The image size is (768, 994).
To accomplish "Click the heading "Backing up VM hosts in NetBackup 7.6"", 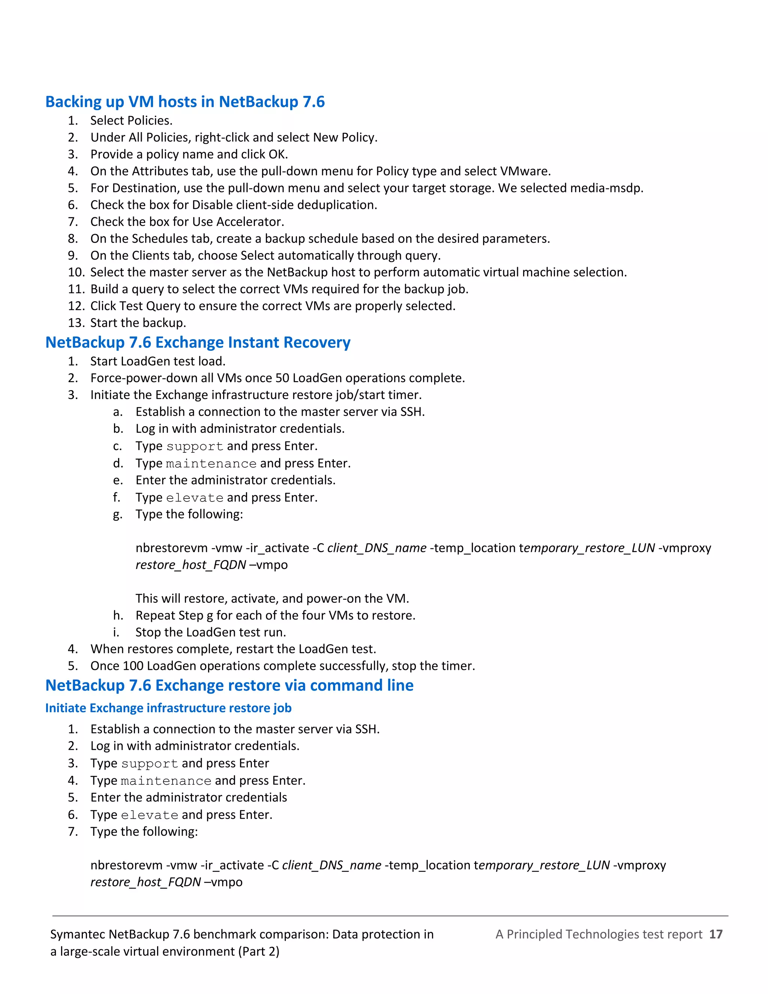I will coord(185,102).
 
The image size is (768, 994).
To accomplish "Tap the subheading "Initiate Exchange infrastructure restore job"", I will coord(168,708).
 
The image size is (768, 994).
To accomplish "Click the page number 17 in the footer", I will coord(715,934).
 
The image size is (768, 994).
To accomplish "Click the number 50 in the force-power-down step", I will coord(282,378).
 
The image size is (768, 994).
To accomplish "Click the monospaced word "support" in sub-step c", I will coord(195,446).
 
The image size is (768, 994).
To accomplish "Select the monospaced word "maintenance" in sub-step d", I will coord(211,464).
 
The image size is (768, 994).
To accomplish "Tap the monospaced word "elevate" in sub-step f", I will coord(195,498).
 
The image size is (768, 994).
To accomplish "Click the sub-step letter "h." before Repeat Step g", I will coord(118,615).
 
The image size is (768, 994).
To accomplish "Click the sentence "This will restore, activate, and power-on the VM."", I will coord(272,599).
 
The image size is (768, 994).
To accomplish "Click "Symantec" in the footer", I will coord(77,934).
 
